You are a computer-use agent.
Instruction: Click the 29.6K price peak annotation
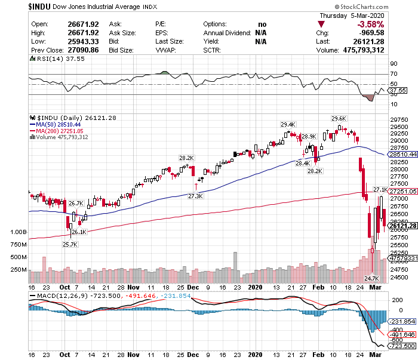click(339, 118)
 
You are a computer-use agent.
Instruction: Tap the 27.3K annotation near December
click(195, 196)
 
